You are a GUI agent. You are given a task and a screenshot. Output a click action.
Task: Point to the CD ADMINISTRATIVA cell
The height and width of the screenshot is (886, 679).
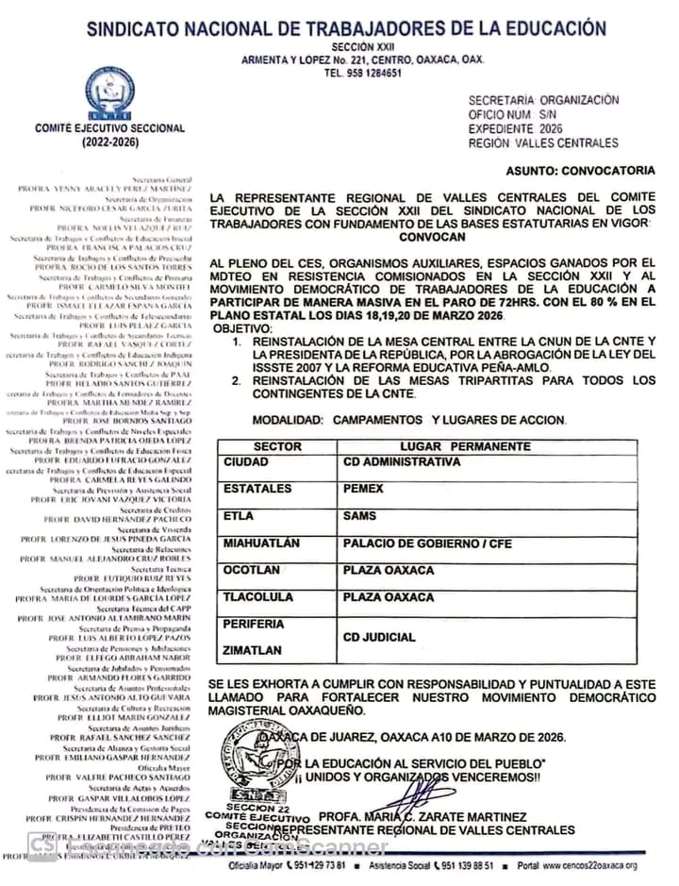coord(402,462)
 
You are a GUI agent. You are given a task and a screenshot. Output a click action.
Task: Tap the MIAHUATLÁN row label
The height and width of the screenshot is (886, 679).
coord(261,543)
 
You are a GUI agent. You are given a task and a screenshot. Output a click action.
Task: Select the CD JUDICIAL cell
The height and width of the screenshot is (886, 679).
coord(378,638)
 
